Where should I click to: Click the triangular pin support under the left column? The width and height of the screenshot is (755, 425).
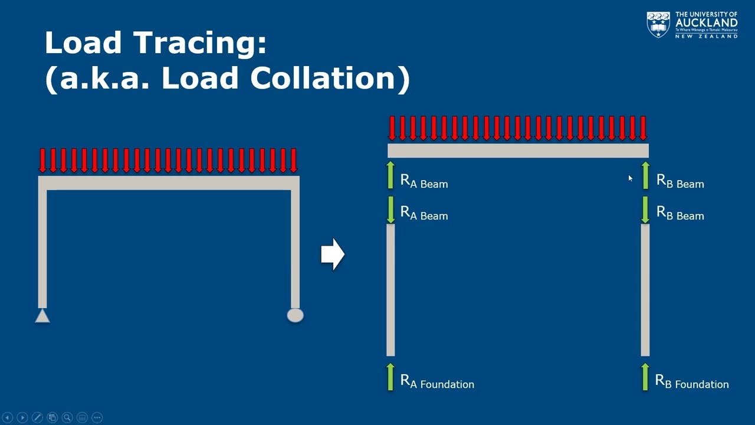[x=42, y=316]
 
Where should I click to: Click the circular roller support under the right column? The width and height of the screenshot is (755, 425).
[x=295, y=315]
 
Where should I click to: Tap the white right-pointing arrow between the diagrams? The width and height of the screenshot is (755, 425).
[x=333, y=254]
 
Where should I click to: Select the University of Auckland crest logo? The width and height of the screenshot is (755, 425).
[x=658, y=24]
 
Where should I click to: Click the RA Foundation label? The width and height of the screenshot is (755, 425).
[x=437, y=382]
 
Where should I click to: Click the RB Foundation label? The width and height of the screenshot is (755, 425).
[x=692, y=382]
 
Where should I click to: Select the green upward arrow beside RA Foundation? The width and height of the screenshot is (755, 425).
[x=390, y=377]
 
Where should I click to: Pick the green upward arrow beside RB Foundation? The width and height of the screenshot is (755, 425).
[x=645, y=377]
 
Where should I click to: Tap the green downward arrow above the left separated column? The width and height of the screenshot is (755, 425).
[x=390, y=210]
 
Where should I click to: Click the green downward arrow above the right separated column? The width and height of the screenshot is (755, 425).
[x=645, y=210]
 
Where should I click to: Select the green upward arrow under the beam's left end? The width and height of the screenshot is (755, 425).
[x=390, y=175]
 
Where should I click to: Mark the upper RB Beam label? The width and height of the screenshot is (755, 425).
[x=680, y=182]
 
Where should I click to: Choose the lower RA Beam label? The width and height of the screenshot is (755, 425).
[x=424, y=214]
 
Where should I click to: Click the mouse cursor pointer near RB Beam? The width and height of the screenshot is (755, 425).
[x=630, y=178]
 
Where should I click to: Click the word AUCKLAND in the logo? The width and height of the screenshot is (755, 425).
[x=706, y=22]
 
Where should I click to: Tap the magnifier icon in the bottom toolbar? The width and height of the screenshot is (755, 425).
[x=67, y=417]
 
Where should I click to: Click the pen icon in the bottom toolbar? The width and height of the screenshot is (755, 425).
[x=37, y=417]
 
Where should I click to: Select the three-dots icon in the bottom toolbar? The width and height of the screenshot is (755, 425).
[x=97, y=417]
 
